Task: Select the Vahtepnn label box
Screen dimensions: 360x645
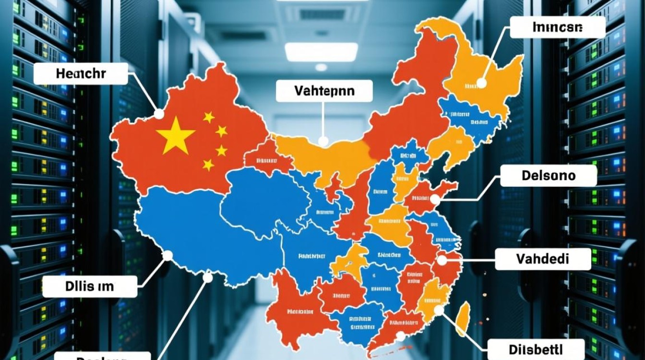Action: [x=324, y=90]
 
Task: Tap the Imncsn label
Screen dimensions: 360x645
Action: [x=557, y=27]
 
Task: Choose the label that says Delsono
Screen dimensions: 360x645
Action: [x=548, y=176]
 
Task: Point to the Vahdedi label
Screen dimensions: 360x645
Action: [x=542, y=259]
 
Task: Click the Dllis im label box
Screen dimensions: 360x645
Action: [x=90, y=287]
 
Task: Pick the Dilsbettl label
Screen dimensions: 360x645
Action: [x=536, y=348]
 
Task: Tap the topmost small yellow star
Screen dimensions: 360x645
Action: [x=209, y=117]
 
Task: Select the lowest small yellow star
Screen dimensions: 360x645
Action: [x=208, y=165]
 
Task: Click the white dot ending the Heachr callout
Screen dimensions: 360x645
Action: [x=158, y=114]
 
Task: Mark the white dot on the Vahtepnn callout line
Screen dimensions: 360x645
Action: [x=324, y=141]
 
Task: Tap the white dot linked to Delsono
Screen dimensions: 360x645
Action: [x=435, y=199]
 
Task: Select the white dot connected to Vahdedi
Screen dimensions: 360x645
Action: [x=442, y=261]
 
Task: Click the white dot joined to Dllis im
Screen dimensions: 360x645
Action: [x=167, y=256]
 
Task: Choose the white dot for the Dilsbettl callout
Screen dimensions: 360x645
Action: [x=438, y=311]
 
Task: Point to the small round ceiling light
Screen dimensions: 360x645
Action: [x=321, y=67]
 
